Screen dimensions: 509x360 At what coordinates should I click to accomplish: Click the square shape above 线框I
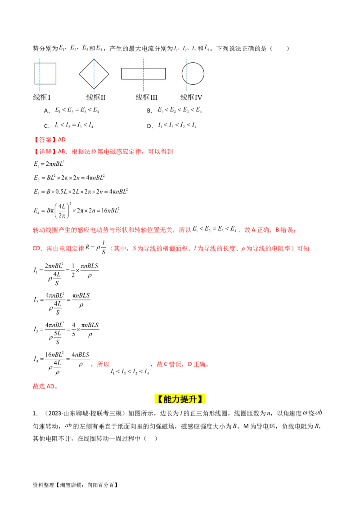45,73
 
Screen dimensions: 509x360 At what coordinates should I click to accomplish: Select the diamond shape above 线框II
94,73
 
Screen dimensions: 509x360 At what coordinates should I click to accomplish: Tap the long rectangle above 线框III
143,73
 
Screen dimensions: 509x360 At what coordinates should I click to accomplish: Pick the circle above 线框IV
193,73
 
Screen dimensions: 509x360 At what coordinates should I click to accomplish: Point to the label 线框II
96,97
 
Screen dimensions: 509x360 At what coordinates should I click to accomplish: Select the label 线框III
147,97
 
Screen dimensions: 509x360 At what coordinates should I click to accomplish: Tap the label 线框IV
191,97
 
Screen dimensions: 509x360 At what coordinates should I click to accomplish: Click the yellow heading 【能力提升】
180,399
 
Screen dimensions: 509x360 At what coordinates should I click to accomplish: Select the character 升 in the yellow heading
195,399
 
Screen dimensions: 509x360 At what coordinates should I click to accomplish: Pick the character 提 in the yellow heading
185,399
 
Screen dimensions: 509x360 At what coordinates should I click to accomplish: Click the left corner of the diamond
80,73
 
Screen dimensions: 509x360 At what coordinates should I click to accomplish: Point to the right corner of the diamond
109,73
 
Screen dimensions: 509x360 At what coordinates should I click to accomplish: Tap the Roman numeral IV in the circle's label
198,97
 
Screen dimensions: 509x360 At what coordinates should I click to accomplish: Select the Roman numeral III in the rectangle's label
153,97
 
